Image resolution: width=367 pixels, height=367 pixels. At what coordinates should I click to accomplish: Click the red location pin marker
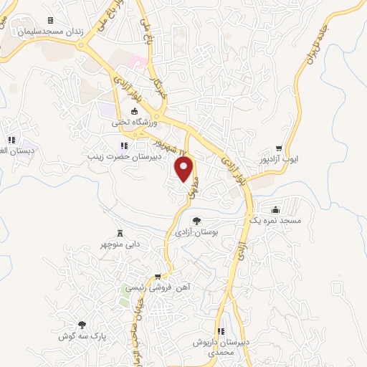click(x=186, y=169)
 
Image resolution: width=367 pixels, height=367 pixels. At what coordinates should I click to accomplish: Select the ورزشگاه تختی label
click(x=128, y=122)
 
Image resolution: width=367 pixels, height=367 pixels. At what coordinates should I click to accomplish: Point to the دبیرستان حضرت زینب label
click(x=121, y=155)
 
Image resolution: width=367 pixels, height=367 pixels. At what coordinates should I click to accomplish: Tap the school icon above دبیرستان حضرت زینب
click(x=125, y=146)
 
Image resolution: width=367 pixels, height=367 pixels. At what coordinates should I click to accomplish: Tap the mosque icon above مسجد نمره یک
click(x=276, y=210)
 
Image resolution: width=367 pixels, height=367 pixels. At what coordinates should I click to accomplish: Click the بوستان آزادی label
click(x=196, y=232)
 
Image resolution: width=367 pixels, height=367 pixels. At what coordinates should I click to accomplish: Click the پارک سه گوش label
click(x=82, y=335)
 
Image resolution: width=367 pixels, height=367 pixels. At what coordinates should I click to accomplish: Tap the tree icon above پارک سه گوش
click(x=81, y=324)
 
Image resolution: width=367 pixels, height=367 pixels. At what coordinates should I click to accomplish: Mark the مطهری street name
click(x=192, y=189)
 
